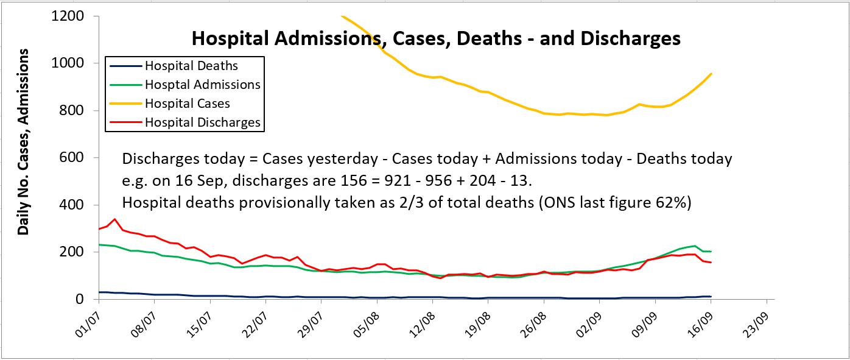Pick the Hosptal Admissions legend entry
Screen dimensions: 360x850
point(203,84)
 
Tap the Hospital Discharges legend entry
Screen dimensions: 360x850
point(203,122)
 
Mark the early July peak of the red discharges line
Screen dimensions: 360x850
point(115,219)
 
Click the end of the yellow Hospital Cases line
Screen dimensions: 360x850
point(711,74)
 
